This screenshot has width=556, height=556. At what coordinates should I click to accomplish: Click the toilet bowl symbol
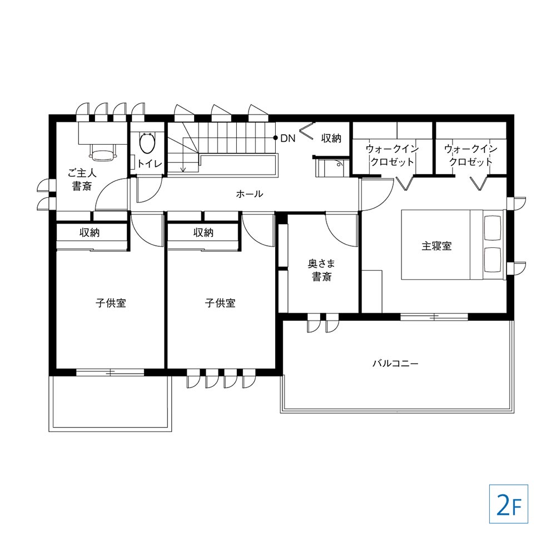click(147, 142)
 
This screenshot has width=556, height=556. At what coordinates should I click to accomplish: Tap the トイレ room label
click(150, 164)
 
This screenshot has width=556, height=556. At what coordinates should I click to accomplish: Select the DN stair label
click(287, 138)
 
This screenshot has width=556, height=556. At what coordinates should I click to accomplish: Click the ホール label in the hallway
click(250, 194)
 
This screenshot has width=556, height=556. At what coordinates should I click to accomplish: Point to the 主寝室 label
click(436, 246)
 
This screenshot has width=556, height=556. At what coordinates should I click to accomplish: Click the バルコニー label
click(395, 364)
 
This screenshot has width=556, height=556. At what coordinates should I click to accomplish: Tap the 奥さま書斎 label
click(321, 270)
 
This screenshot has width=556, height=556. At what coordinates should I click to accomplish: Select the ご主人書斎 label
click(82, 180)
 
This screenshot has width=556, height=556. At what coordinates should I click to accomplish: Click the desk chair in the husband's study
click(103, 152)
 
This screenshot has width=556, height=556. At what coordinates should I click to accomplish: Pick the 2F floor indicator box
click(509, 504)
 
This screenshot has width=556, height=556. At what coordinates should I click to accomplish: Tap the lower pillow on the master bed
click(493, 260)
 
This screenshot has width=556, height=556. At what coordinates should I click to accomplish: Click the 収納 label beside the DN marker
click(331, 138)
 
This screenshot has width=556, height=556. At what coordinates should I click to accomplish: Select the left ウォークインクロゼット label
click(392, 155)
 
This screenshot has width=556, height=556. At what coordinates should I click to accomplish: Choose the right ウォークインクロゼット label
click(471, 155)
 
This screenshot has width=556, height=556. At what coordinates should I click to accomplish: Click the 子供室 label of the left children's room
click(111, 303)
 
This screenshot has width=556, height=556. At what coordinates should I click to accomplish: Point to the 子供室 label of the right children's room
click(220, 303)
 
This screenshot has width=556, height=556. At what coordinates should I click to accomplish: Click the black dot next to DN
click(275, 137)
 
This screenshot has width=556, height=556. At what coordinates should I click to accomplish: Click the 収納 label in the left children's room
click(90, 232)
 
